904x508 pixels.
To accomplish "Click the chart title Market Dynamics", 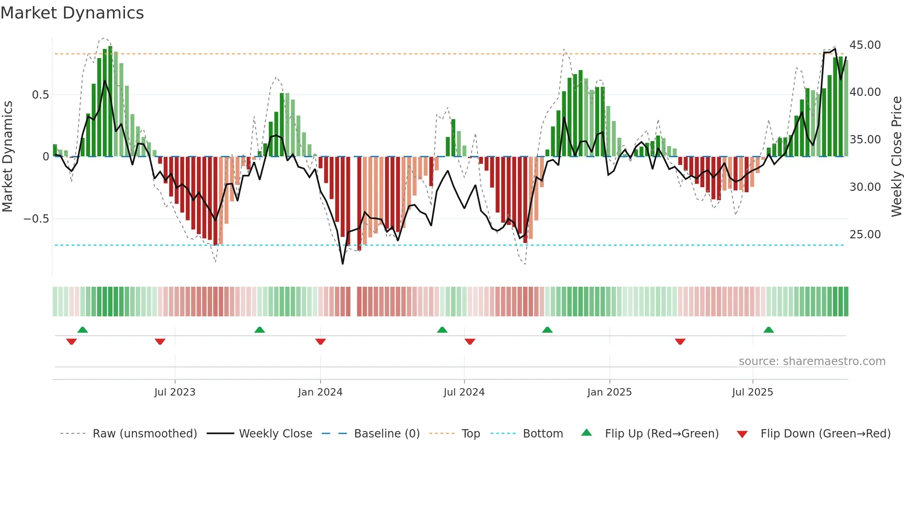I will pyautogui.click(x=72, y=13).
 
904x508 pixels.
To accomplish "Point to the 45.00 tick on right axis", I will pyautogui.click(x=865, y=45).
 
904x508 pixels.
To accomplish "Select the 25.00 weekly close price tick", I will pyautogui.click(x=865, y=235).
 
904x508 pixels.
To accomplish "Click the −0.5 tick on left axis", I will pyautogui.click(x=36, y=219).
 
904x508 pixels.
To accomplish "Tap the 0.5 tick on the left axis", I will pyautogui.click(x=40, y=95).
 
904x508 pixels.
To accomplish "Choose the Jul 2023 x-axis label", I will pyautogui.click(x=175, y=392).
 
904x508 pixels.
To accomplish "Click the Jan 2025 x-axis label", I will pyautogui.click(x=609, y=392).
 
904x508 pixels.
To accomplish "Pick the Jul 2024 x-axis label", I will pyautogui.click(x=464, y=392).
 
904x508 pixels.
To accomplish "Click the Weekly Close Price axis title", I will pyautogui.click(x=896, y=157).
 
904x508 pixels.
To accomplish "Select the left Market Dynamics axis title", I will pyautogui.click(x=7, y=157).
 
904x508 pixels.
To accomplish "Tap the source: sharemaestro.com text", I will pyautogui.click(x=812, y=361).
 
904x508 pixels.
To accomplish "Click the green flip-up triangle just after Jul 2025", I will pyautogui.click(x=768, y=330).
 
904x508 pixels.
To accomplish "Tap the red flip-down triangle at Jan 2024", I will pyautogui.click(x=321, y=342).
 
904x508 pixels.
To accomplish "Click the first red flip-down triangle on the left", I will pyautogui.click(x=71, y=342).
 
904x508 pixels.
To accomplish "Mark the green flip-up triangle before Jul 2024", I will pyautogui.click(x=442, y=330).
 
